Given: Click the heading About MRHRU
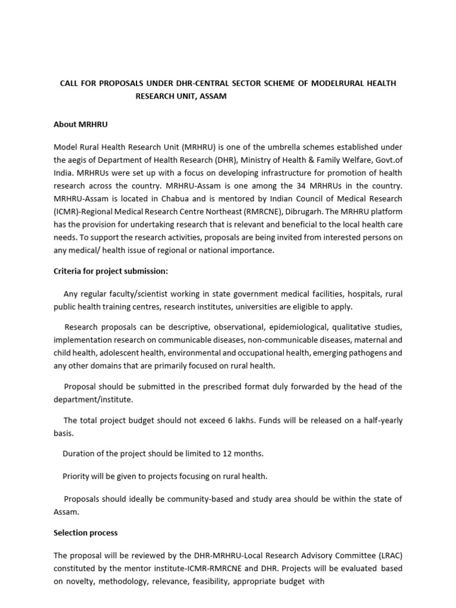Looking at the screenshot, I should tap(80, 125).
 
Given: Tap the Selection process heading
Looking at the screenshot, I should tap(85, 533).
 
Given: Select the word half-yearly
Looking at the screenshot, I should tap(378, 420).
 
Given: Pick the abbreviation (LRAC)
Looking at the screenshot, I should tap(388, 555).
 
